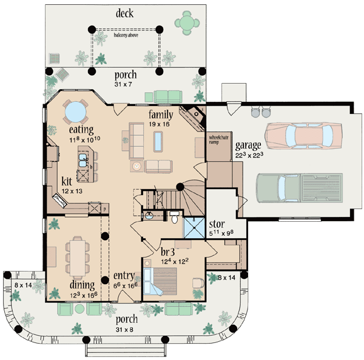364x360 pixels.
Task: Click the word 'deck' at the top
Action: pyautogui.click(x=125, y=13)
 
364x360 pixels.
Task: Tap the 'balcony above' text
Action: pyautogui.click(x=125, y=35)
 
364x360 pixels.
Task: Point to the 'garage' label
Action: pyautogui.click(x=248, y=145)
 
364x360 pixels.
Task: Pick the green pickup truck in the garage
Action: pyautogui.click(x=298, y=185)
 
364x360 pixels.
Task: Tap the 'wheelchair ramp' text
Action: pyautogui.click(x=218, y=139)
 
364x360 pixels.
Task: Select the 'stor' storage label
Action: pyautogui.click(x=217, y=224)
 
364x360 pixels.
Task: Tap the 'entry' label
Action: pyautogui.click(x=124, y=276)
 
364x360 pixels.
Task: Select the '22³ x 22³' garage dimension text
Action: pyautogui.click(x=249, y=156)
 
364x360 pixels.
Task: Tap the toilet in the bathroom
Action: pyautogui.click(x=175, y=218)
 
